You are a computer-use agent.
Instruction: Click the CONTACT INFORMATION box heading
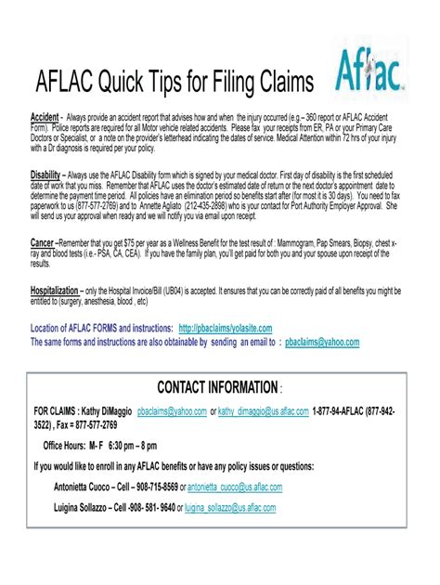pyautogui.click(x=217, y=386)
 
